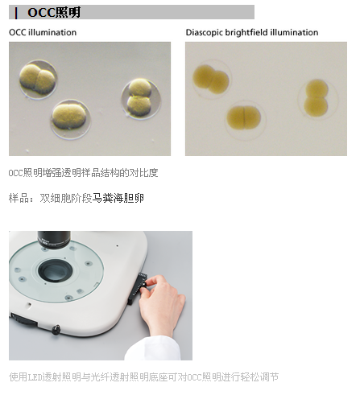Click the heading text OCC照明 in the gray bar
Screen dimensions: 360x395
54,12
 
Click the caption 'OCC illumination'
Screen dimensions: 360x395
43,32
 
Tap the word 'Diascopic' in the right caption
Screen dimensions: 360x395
205,32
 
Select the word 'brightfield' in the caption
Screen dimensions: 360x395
246,32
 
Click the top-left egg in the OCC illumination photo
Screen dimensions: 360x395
38,80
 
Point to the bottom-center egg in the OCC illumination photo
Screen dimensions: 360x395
71,119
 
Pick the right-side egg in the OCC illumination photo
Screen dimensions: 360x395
141,99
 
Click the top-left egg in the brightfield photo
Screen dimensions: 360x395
211,79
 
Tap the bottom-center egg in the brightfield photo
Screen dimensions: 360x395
245,120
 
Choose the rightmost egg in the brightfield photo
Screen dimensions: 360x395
317,99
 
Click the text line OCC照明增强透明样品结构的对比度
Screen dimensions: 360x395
83,173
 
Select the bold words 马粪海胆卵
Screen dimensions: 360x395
118,199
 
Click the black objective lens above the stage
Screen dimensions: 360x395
54,240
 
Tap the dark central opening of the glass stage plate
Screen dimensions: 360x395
56,270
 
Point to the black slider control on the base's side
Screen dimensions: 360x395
138,289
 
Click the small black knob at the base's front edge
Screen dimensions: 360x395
56,330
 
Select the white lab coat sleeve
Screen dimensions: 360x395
152,348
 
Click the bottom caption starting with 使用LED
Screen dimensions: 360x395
143,377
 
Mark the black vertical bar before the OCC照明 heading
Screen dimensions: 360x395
16,13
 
